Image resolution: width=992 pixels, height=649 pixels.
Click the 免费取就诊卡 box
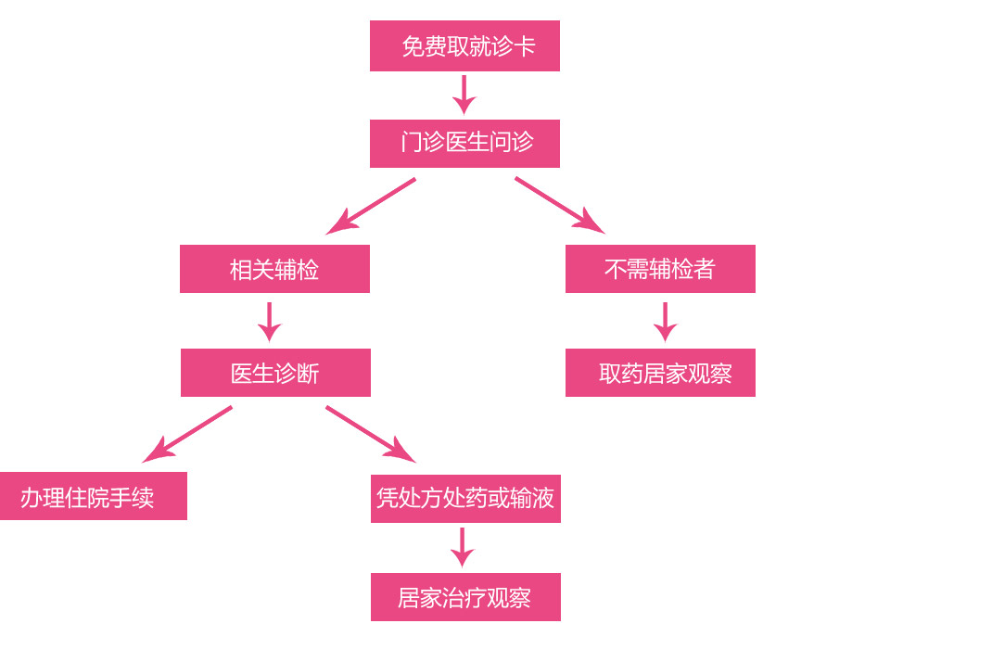tap(464, 45)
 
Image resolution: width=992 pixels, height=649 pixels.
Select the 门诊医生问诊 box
tap(464, 144)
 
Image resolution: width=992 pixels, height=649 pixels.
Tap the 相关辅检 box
tap(274, 269)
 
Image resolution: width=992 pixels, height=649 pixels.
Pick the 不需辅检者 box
tap(660, 269)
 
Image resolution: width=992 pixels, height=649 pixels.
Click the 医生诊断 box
tap(275, 373)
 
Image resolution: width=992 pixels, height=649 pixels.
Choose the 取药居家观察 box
tap(660, 373)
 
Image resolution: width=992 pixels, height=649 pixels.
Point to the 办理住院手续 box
tap(93, 496)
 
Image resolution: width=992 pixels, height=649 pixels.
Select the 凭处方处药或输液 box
tap(465, 499)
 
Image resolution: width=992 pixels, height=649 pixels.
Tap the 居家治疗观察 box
tap(465, 597)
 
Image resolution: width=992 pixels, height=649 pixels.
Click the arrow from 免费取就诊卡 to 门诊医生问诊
tap(464, 94)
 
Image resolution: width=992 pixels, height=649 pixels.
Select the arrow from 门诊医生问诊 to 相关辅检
tap(372, 206)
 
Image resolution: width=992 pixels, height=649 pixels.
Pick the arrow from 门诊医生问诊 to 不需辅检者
tap(559, 205)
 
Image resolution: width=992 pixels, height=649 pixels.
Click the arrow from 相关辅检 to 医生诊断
tap(270, 321)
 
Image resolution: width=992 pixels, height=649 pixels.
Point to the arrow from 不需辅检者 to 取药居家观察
tap(665, 321)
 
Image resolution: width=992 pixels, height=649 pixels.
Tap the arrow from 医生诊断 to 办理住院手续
tap(188, 434)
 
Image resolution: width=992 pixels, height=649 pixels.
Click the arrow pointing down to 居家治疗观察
tap(462, 547)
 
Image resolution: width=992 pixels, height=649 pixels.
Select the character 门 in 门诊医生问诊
tap(411, 143)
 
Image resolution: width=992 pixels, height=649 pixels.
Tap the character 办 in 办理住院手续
tap(32, 498)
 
